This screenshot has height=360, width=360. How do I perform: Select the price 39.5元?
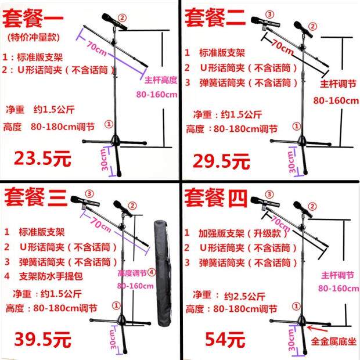[38, 337]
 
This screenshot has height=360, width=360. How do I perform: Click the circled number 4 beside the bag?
[150, 271]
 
